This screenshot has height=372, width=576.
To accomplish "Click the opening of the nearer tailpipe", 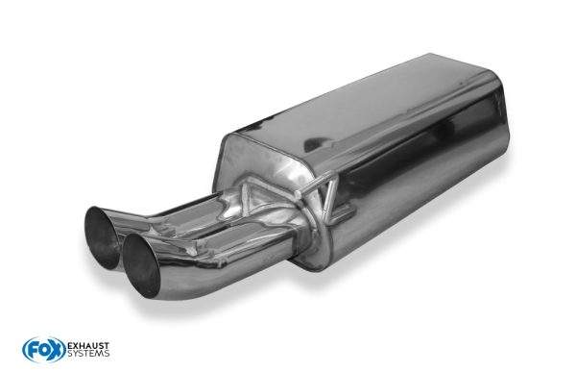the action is pyautogui.click(x=141, y=265).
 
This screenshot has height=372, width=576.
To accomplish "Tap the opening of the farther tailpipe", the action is pyautogui.click(x=102, y=237).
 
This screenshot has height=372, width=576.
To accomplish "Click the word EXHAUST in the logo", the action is pyautogui.click(x=88, y=346).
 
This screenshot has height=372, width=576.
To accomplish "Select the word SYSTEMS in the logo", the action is pyautogui.click(x=88, y=354).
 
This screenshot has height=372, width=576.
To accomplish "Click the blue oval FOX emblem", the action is pyautogui.click(x=44, y=350).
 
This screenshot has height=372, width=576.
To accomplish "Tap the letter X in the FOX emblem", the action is pyautogui.click(x=57, y=350).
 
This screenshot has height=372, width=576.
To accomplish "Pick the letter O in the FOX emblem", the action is pyautogui.click(x=44, y=350).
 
